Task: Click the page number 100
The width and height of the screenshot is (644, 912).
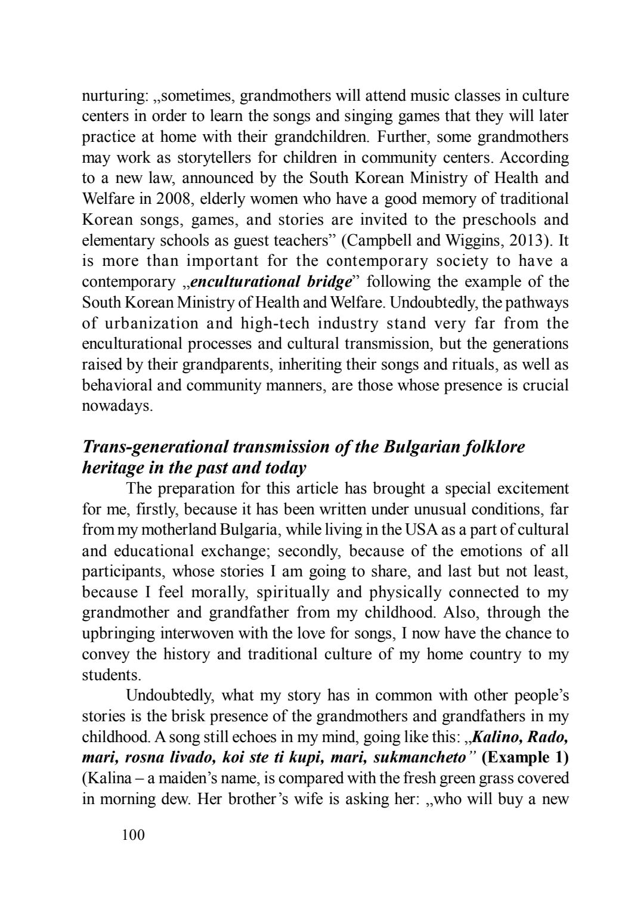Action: pos(133,835)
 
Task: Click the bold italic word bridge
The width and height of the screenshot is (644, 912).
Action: pos(326,282)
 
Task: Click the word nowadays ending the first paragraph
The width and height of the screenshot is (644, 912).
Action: pos(117,406)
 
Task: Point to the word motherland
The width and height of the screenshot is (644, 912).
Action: pos(178,530)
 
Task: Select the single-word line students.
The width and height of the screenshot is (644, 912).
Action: pos(108,675)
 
